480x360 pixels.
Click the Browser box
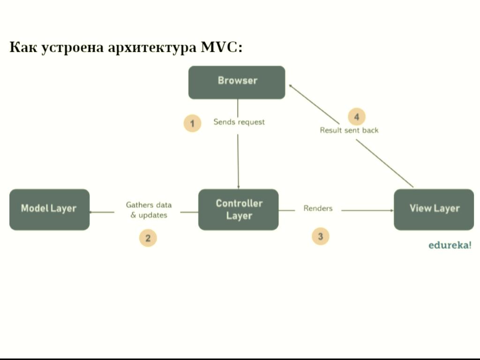click(237, 82)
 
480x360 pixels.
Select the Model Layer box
click(49, 209)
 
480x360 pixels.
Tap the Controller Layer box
click(239, 210)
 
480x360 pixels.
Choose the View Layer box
click(434, 209)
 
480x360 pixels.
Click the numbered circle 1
click(192, 123)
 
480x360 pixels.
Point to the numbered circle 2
click(148, 238)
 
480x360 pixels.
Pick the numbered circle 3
click(321, 236)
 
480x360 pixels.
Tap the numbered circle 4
click(357, 117)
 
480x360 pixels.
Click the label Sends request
click(239, 122)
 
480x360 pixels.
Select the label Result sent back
click(349, 130)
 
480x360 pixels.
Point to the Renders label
click(318, 208)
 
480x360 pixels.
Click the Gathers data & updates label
click(149, 210)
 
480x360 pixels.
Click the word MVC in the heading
click(219, 47)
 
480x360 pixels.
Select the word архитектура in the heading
click(152, 47)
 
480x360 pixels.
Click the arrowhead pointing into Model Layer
click(92, 212)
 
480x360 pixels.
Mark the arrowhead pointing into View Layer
click(390, 210)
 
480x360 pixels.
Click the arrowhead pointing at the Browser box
click(291, 86)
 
